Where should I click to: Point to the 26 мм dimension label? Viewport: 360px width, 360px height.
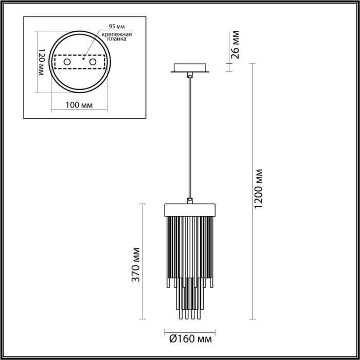click(235, 45)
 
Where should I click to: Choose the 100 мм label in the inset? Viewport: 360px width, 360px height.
click(80, 105)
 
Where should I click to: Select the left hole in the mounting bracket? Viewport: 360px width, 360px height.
click(66, 62)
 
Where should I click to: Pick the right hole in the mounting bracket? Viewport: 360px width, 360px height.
click(93, 62)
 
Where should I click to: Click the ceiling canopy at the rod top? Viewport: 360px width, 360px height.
click(190, 68)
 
